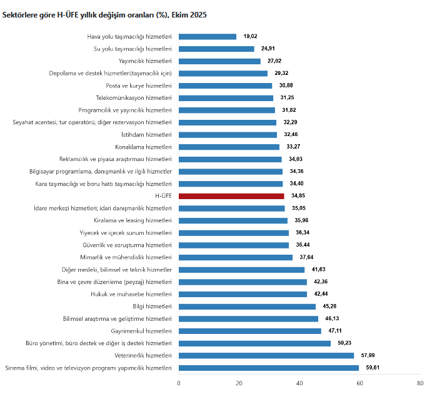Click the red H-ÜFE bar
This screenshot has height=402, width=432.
coord(231,196)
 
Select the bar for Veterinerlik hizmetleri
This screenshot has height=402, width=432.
coord(266,355)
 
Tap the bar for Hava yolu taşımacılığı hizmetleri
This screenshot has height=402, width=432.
coord(208,37)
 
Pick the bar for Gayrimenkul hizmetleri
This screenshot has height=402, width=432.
coord(250,331)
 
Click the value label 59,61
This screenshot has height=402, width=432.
coord(371,368)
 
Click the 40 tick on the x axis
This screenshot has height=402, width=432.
coord(299,383)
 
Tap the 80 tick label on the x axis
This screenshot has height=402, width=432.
coord(420,383)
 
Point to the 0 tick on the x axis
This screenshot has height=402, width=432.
coord(179,383)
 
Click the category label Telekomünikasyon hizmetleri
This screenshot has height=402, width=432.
coord(133,98)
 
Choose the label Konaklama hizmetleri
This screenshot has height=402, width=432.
coord(143,147)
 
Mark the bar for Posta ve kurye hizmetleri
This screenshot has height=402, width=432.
coord(226,86)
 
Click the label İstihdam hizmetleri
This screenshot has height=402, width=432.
coord(146,135)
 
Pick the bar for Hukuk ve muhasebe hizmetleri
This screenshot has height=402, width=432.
coord(243,294)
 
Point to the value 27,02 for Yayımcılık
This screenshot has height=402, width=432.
coord(273,61)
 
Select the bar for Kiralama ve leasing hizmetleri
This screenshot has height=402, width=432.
coord(233,220)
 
